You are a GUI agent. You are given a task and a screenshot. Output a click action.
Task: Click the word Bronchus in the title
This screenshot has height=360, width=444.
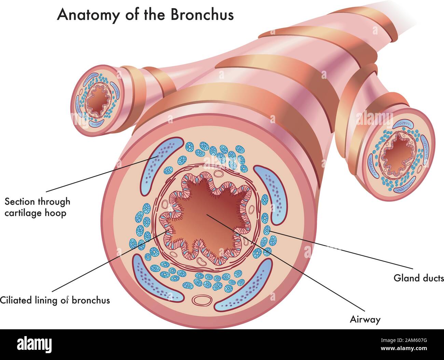(202, 15)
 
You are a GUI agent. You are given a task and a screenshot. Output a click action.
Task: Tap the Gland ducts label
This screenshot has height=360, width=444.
(419, 278)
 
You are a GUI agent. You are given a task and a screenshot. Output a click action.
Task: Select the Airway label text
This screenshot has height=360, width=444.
(365, 320)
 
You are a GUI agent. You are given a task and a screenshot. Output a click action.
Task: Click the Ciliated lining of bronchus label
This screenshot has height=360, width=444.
(55, 300)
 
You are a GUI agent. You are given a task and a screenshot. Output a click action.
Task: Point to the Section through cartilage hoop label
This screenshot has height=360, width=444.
(37, 207)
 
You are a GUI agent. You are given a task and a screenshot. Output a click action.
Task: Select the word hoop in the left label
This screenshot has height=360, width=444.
(56, 214)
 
